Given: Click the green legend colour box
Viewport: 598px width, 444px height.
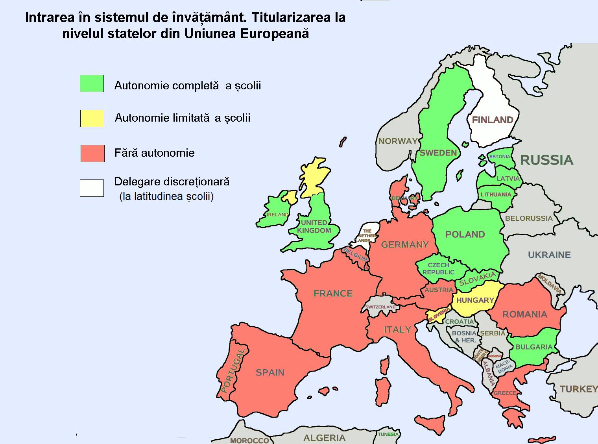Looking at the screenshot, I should [x=92, y=83].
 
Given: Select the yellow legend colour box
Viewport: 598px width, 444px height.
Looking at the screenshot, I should [x=92, y=118].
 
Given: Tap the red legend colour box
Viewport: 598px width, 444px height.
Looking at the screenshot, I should [x=92, y=153].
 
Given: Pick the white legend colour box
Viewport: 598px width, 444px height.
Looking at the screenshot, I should [x=92, y=188].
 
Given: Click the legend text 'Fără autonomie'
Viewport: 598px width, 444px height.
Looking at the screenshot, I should [x=155, y=153].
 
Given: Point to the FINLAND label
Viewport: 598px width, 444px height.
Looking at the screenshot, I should [x=493, y=120].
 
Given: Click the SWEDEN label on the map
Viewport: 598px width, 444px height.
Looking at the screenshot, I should [x=438, y=153].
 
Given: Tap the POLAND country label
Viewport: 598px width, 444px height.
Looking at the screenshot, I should [x=465, y=235].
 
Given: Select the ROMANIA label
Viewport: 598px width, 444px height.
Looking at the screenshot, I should [x=525, y=314].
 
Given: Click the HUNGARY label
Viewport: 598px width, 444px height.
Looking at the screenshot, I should [x=475, y=300].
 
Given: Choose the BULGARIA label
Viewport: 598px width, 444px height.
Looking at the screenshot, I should [x=533, y=347].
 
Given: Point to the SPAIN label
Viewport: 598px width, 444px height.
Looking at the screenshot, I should [x=270, y=372].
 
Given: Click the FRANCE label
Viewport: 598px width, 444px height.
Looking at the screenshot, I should [x=333, y=293].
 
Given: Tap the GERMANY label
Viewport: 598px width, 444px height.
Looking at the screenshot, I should [x=404, y=245].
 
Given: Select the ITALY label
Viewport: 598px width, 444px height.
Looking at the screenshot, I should [x=397, y=329].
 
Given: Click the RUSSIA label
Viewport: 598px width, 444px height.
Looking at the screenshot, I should [x=546, y=160].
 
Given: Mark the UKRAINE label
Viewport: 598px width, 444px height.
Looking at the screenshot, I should [x=549, y=255].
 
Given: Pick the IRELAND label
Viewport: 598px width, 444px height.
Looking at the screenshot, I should [x=277, y=215].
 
